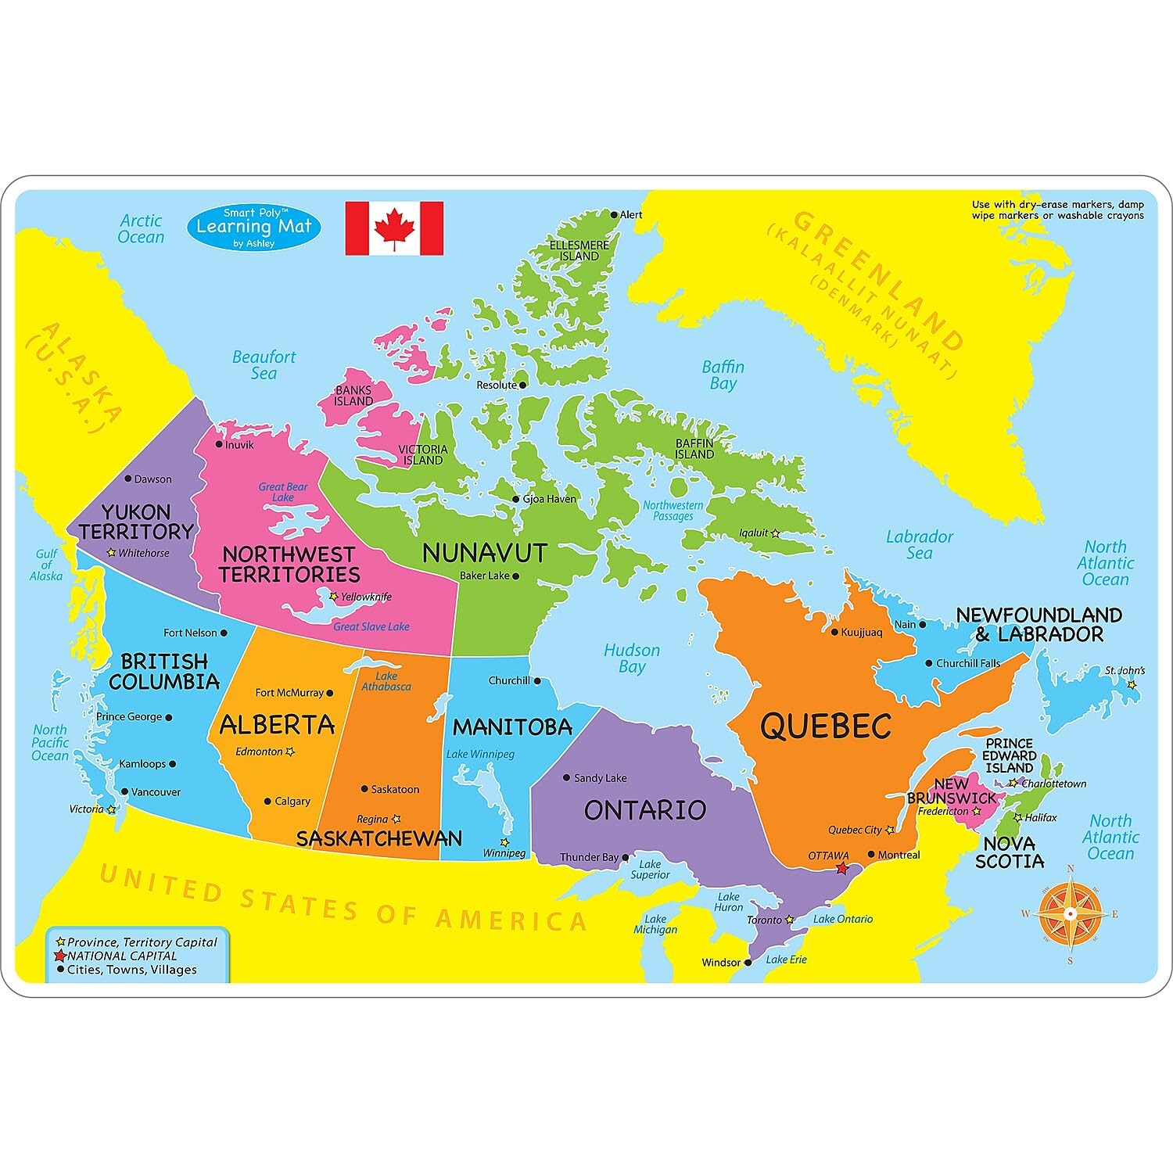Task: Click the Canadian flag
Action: (394, 228)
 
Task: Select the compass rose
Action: (1070, 913)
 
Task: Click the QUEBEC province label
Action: (826, 726)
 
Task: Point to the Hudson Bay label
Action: (632, 658)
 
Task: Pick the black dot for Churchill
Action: (537, 681)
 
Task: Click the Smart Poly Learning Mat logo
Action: (254, 228)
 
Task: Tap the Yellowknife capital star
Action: (334, 597)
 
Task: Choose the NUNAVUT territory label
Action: (484, 553)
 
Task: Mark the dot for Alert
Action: (615, 215)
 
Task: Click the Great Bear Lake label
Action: (283, 492)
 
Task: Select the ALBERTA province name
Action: (277, 725)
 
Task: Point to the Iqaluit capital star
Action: (775, 533)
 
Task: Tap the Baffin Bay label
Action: (723, 375)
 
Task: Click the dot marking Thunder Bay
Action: (626, 858)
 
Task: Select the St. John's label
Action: (1125, 670)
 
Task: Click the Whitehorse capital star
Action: (112, 553)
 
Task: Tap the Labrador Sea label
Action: (920, 545)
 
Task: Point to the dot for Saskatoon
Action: (364, 790)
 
